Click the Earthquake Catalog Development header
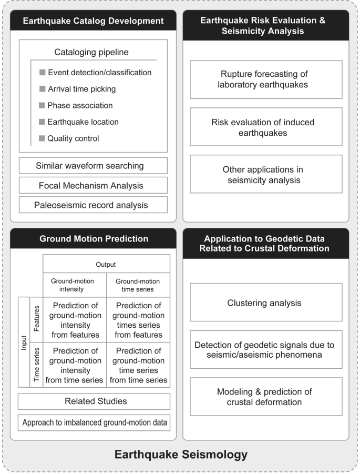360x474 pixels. tap(93, 21)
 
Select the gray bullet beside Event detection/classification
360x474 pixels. tap(43, 72)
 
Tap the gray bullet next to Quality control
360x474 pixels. tap(43, 138)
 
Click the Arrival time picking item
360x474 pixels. tap(81, 89)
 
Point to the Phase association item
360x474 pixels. tap(80, 105)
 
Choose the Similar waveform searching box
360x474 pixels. tap(93, 166)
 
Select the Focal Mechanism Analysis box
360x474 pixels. tap(93, 185)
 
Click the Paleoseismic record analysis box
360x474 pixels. tap(93, 205)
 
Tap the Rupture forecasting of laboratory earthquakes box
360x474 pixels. tap(265, 79)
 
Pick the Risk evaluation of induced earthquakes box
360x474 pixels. tap(265, 127)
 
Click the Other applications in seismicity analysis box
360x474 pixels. tap(265, 175)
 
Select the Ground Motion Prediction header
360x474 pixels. tap(93, 238)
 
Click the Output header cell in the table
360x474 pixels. tap(106, 264)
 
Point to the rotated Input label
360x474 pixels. tap(24, 342)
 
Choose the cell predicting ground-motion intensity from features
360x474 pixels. tap(74, 319)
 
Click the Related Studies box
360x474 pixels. tap(93, 401)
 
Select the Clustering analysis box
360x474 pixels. tap(265, 302)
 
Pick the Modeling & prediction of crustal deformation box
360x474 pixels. tap(265, 397)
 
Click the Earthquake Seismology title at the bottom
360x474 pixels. tap(180, 454)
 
